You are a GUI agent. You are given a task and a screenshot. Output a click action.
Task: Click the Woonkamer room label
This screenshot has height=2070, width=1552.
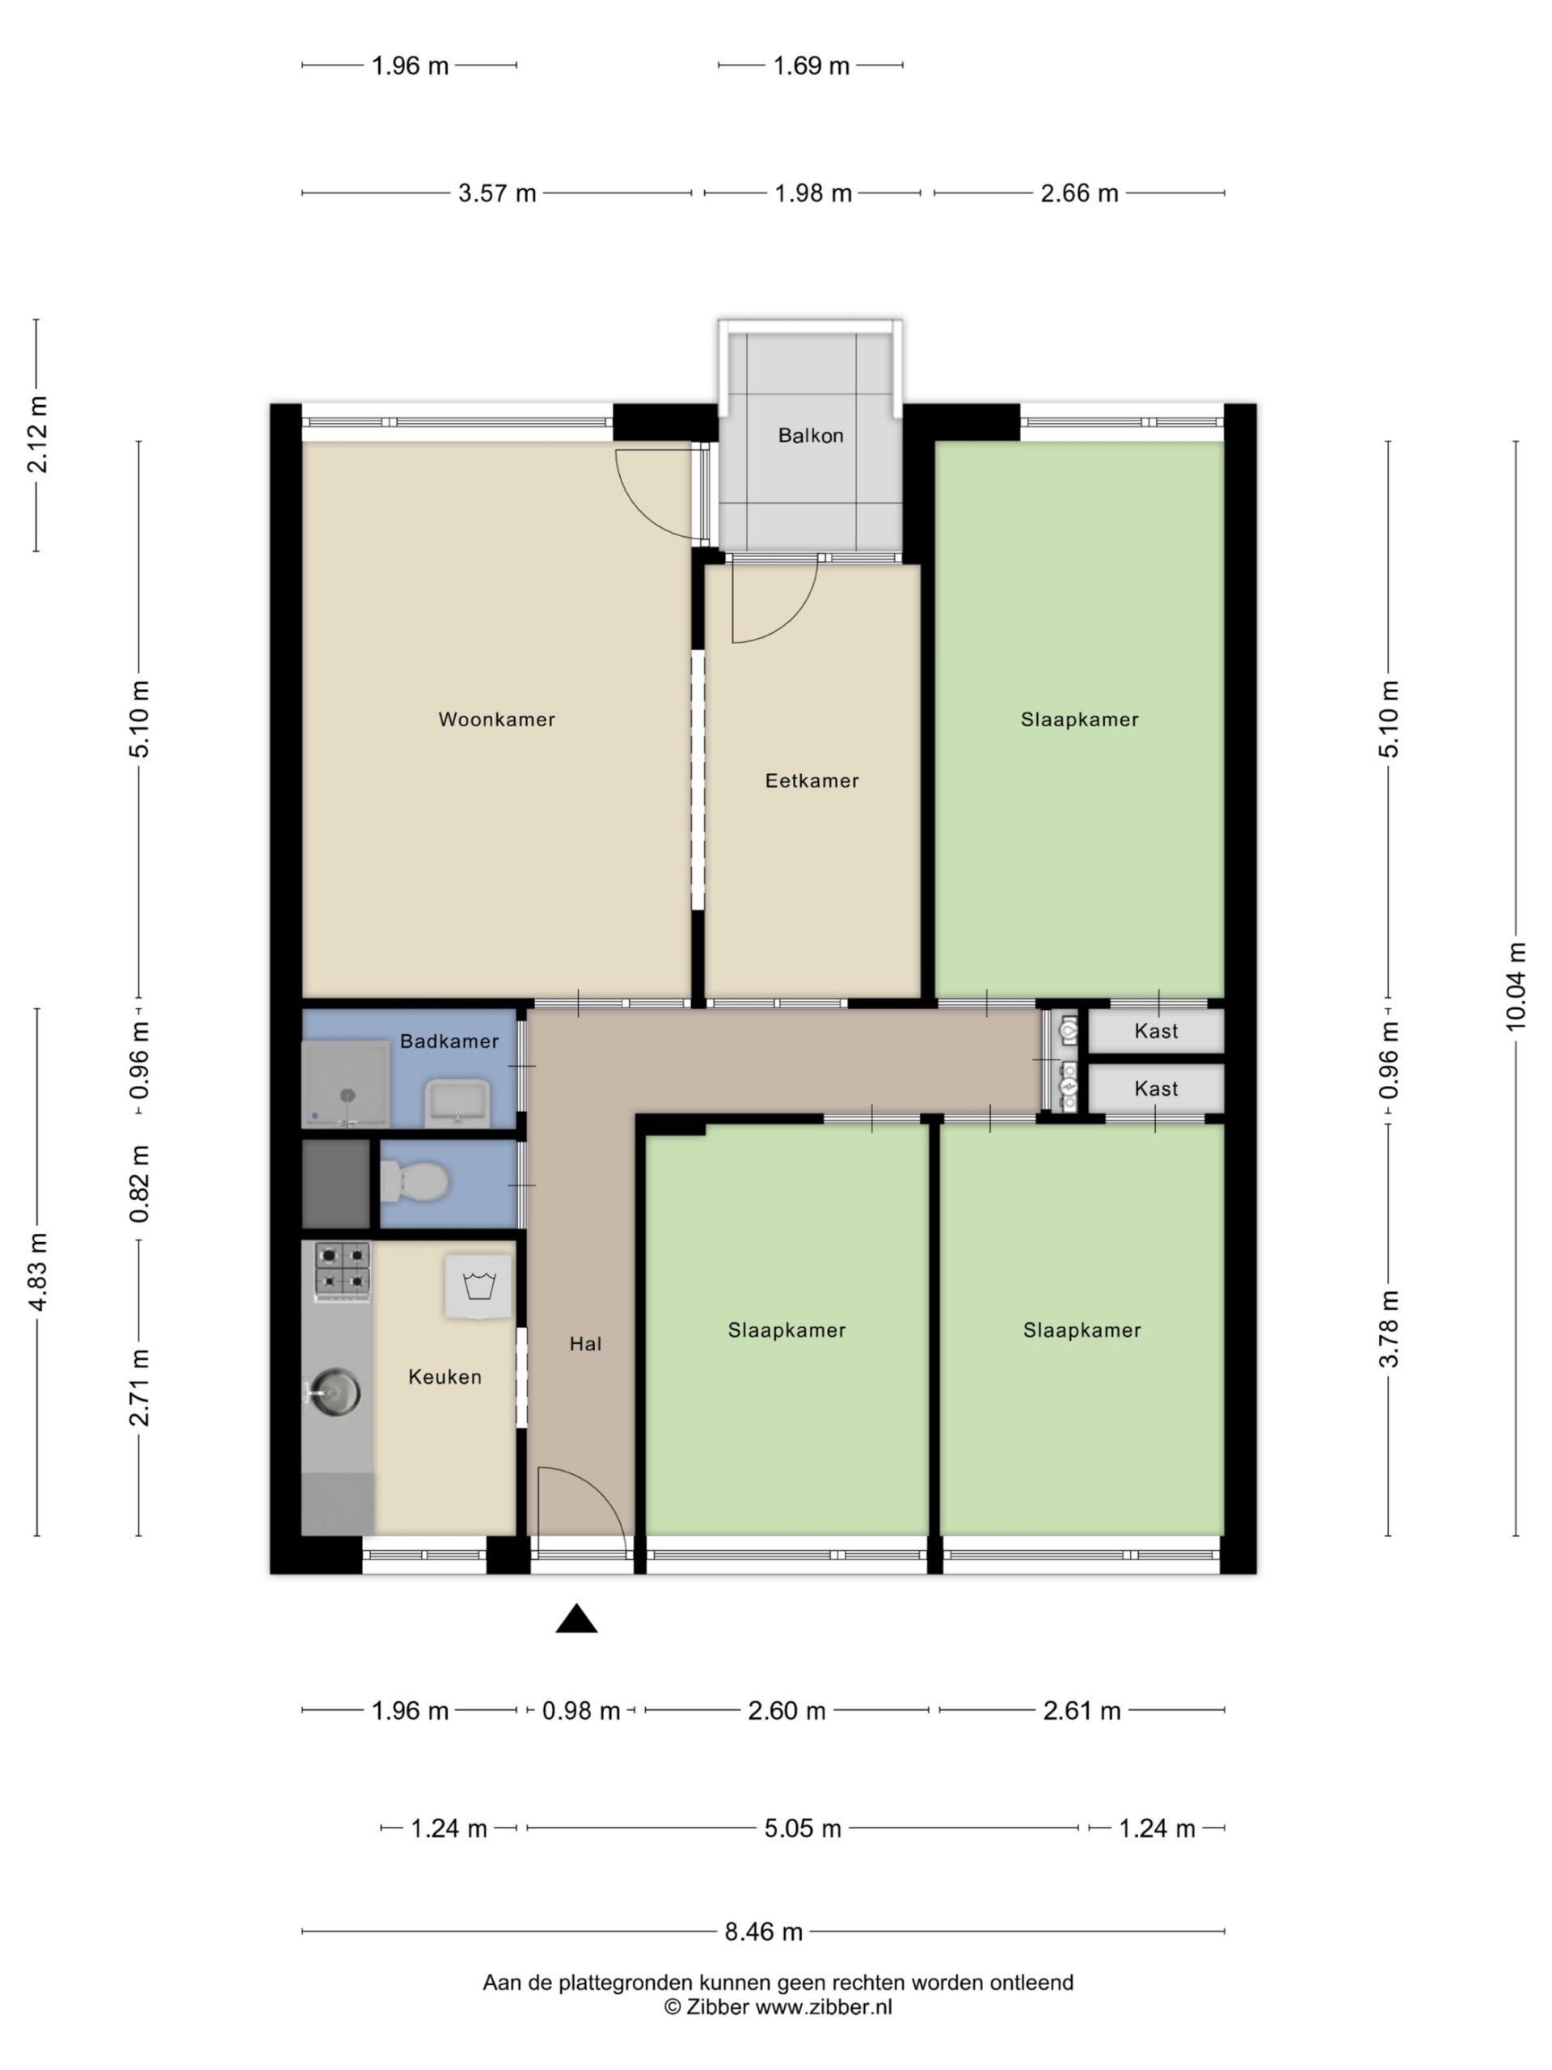point(497,720)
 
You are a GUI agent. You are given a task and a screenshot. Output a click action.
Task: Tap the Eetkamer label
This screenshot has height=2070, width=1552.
point(811,780)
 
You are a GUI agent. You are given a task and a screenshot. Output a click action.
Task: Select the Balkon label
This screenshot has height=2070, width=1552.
point(810,435)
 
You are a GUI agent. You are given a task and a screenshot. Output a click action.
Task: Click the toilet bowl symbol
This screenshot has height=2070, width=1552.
point(415,1182)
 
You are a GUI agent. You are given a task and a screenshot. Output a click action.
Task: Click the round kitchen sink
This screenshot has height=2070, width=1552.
point(335,1392)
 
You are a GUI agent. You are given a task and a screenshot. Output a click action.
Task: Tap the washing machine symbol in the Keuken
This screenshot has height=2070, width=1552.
point(478,1286)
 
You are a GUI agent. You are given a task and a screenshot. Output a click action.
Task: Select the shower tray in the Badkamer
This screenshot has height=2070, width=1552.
point(345,1083)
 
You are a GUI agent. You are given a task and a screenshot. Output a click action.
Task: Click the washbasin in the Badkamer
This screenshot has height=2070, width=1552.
point(457,1103)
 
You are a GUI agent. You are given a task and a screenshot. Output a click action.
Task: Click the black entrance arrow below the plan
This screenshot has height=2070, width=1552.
point(576,1617)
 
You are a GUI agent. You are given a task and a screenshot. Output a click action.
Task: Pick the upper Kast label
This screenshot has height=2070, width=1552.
point(1155,1031)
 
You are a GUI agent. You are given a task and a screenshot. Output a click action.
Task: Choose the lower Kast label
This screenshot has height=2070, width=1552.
point(1155,1088)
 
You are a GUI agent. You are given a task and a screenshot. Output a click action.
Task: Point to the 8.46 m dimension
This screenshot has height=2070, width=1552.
point(763,1931)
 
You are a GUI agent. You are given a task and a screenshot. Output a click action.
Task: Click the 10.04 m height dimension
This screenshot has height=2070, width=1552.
point(1516,987)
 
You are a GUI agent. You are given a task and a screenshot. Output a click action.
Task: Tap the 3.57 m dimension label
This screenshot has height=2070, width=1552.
point(497,194)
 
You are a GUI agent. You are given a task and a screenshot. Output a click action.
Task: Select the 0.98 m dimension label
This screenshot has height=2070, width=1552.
point(581,1711)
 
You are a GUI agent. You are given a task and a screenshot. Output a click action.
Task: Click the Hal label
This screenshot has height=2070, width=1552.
point(585,1344)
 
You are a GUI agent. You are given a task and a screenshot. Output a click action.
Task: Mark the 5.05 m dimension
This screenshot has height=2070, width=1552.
point(803,1827)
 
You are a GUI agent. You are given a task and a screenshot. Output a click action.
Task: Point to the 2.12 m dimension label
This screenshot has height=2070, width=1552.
point(37,434)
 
